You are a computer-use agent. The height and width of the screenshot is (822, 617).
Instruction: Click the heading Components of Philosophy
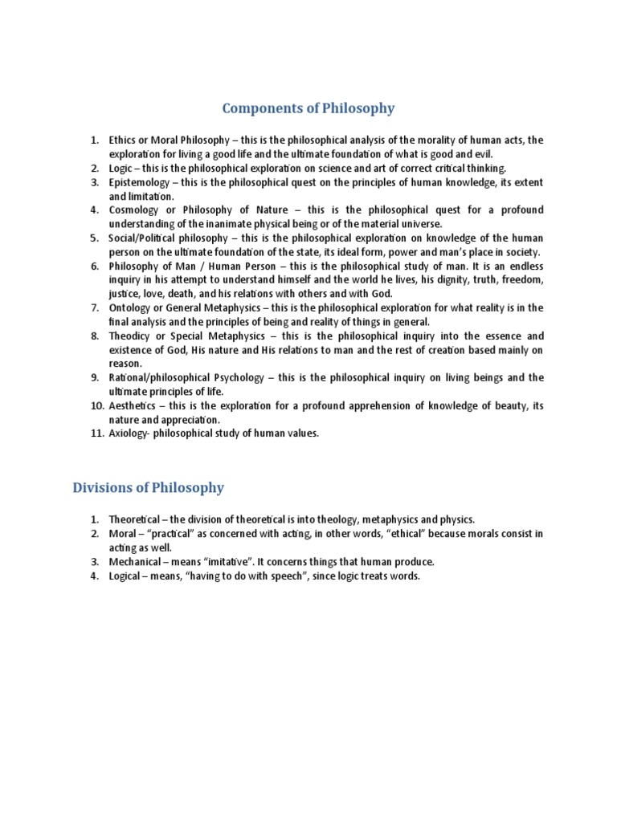(x=308, y=108)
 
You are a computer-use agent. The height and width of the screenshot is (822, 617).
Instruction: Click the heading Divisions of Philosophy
(x=149, y=487)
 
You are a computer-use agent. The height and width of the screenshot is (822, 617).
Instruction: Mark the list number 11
(x=96, y=434)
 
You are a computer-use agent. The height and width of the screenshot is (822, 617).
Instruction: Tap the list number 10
(x=96, y=406)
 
